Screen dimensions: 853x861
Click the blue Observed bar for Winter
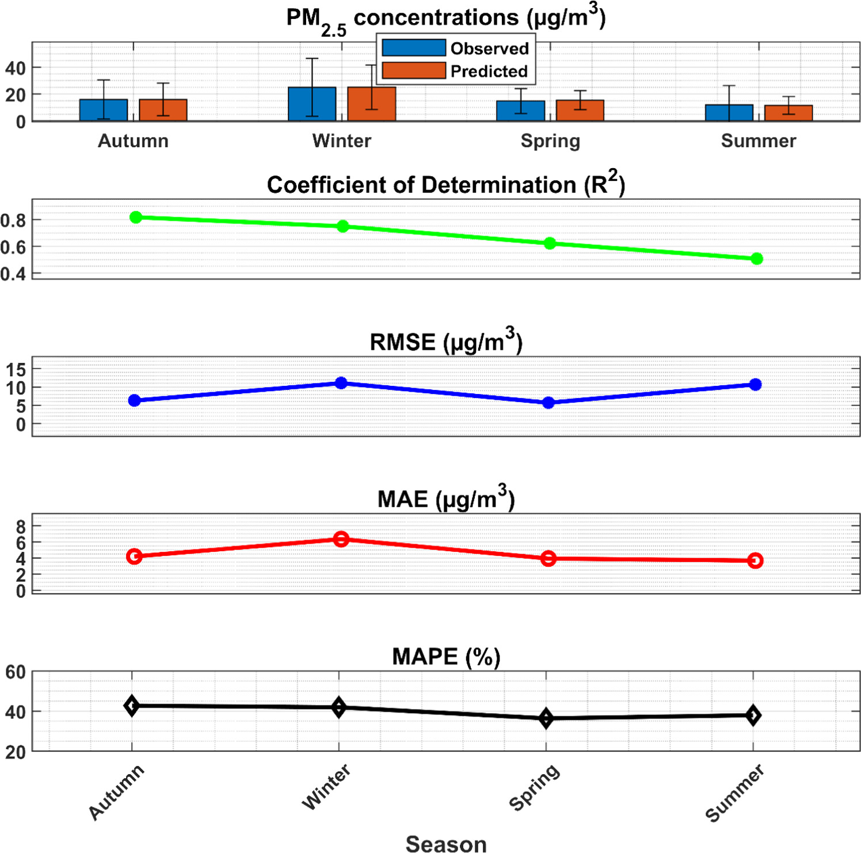click(312, 104)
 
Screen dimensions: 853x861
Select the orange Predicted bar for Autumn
click(163, 110)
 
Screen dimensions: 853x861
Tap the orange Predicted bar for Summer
click(788, 113)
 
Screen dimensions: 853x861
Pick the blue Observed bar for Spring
click(520, 111)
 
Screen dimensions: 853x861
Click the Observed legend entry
click(455, 48)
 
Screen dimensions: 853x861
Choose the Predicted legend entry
click(455, 71)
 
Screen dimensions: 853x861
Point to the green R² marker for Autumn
click(136, 217)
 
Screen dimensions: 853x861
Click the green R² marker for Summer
click(757, 259)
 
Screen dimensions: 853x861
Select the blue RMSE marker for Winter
click(341, 383)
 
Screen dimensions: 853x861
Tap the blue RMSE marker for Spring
click(548, 403)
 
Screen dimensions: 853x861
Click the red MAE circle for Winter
click(341, 539)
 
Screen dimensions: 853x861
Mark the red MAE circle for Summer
click(756, 560)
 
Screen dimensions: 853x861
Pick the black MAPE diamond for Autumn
click(132, 706)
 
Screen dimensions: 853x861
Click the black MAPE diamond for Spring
click(546, 718)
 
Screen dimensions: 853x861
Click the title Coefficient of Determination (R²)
click(445, 185)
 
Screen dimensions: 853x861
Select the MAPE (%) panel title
click(446, 657)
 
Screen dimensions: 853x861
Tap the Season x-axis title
click(446, 844)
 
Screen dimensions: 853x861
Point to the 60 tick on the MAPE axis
click(16, 672)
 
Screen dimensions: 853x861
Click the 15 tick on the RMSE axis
click(16, 369)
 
